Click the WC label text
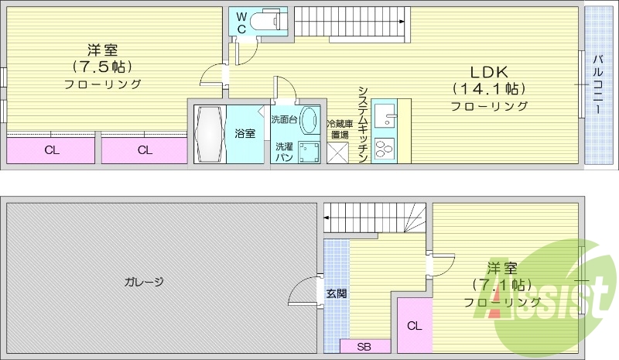tap(241, 22)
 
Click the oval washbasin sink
tap(309, 122)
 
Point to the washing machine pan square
tap(309, 152)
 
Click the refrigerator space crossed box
tap(338, 153)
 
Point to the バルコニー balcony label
tap(597, 84)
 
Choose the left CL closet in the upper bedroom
tap(51, 150)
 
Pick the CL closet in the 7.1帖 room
tap(415, 325)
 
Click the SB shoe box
tap(364, 346)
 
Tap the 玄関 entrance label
tap(336, 293)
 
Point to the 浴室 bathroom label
tap(245, 133)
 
